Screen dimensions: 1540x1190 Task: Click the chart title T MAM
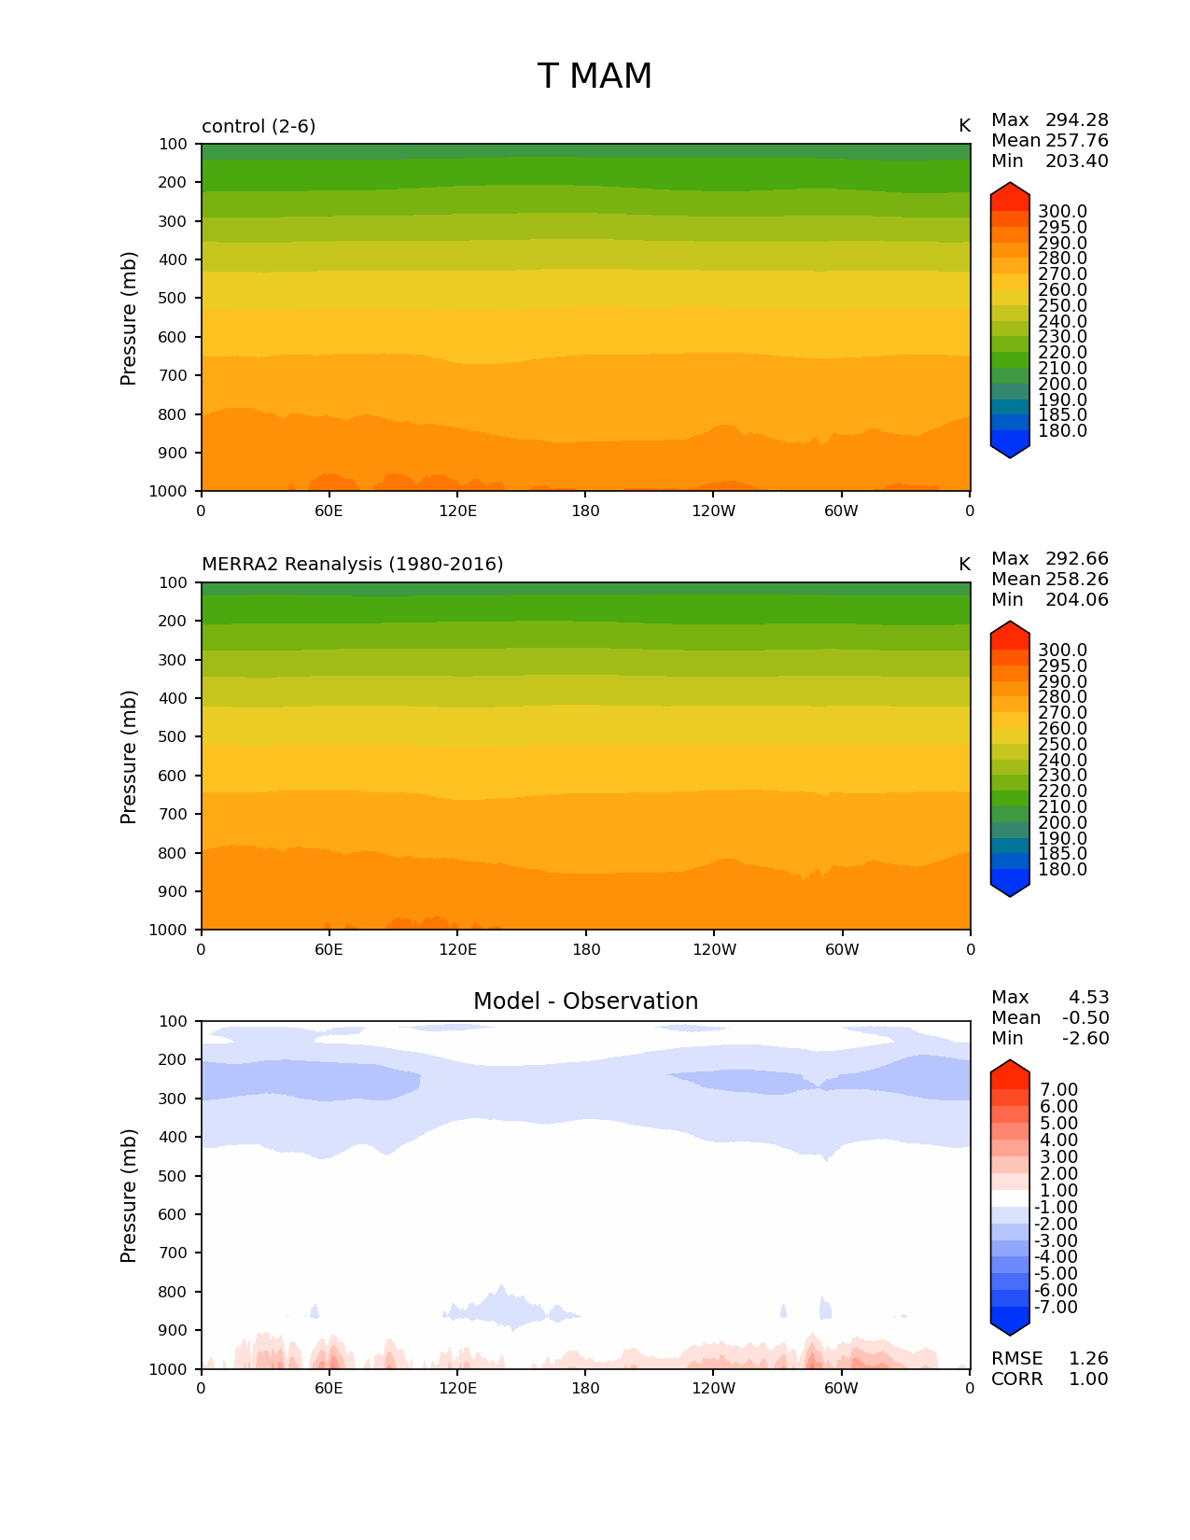(595, 77)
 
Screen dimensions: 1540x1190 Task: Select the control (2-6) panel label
(259, 126)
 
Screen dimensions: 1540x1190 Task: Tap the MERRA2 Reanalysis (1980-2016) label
(352, 565)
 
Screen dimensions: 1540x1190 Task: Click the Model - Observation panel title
(585, 1001)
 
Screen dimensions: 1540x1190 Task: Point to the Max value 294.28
(1076, 120)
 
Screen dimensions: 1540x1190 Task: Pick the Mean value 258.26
(1076, 580)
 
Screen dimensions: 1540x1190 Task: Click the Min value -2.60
(1085, 1039)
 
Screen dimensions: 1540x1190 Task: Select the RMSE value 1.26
(1088, 1359)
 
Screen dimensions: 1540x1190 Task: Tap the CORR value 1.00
(1088, 1379)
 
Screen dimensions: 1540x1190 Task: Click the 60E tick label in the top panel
(329, 511)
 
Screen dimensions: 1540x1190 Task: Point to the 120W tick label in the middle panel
(714, 950)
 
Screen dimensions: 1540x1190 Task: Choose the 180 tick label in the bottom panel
(585, 1389)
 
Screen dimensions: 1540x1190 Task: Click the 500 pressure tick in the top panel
(173, 299)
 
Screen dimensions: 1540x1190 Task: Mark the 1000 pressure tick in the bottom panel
(169, 1369)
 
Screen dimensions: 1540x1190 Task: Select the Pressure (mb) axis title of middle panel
(129, 757)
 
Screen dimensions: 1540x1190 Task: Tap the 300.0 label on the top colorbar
(1062, 212)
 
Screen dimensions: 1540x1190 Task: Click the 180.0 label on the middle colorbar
(1062, 870)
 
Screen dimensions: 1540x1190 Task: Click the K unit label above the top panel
(964, 126)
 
